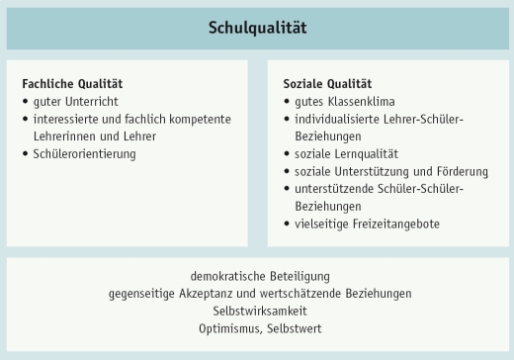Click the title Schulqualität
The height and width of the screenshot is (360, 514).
click(x=257, y=28)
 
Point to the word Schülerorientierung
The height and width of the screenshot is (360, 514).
click(x=85, y=154)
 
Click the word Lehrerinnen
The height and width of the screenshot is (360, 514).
click(x=64, y=136)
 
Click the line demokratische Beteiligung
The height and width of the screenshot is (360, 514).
click(x=256, y=276)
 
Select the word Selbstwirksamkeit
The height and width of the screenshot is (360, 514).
click(x=256, y=311)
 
